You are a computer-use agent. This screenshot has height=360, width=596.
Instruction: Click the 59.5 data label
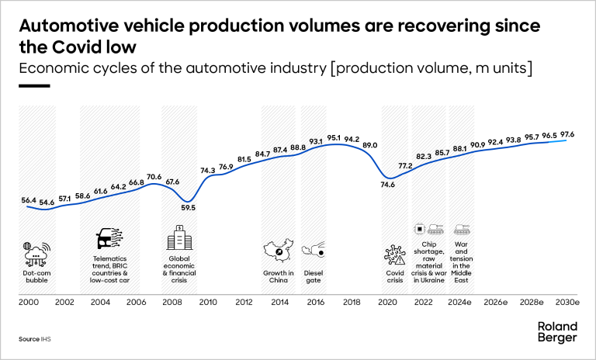point(188,207)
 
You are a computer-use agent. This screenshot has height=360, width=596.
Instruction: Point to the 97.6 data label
point(569,134)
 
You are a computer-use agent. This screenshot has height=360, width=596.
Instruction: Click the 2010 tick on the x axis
point(207,302)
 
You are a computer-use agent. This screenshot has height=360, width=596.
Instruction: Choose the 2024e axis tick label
point(461,302)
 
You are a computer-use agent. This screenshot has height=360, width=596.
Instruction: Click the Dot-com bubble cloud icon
point(36,253)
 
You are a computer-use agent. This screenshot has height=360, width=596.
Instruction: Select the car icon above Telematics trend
point(107,239)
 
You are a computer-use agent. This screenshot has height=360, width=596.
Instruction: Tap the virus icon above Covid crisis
point(394,253)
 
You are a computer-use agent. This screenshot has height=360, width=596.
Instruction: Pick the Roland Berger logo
point(557,332)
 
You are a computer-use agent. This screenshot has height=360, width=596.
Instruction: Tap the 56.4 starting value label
point(29,200)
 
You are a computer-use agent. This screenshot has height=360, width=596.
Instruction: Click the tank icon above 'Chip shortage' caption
point(436,230)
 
